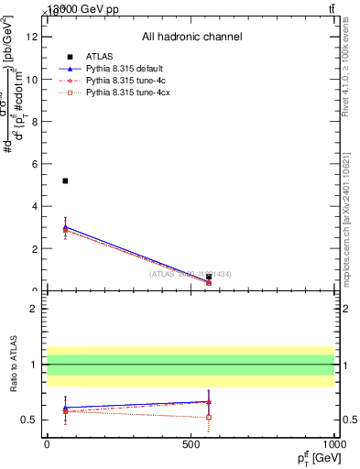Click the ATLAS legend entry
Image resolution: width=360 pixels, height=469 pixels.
coord(98,57)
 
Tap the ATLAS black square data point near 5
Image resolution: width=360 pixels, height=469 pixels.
coord(65,180)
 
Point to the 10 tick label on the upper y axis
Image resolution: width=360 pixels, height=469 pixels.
coord(34,79)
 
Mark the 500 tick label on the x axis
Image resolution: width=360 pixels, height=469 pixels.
coord(191,442)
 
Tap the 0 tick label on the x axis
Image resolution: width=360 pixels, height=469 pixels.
coord(47,442)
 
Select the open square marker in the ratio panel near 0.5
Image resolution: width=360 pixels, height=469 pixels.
coord(209,417)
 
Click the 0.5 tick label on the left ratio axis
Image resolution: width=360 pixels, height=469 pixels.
coord(30,420)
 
